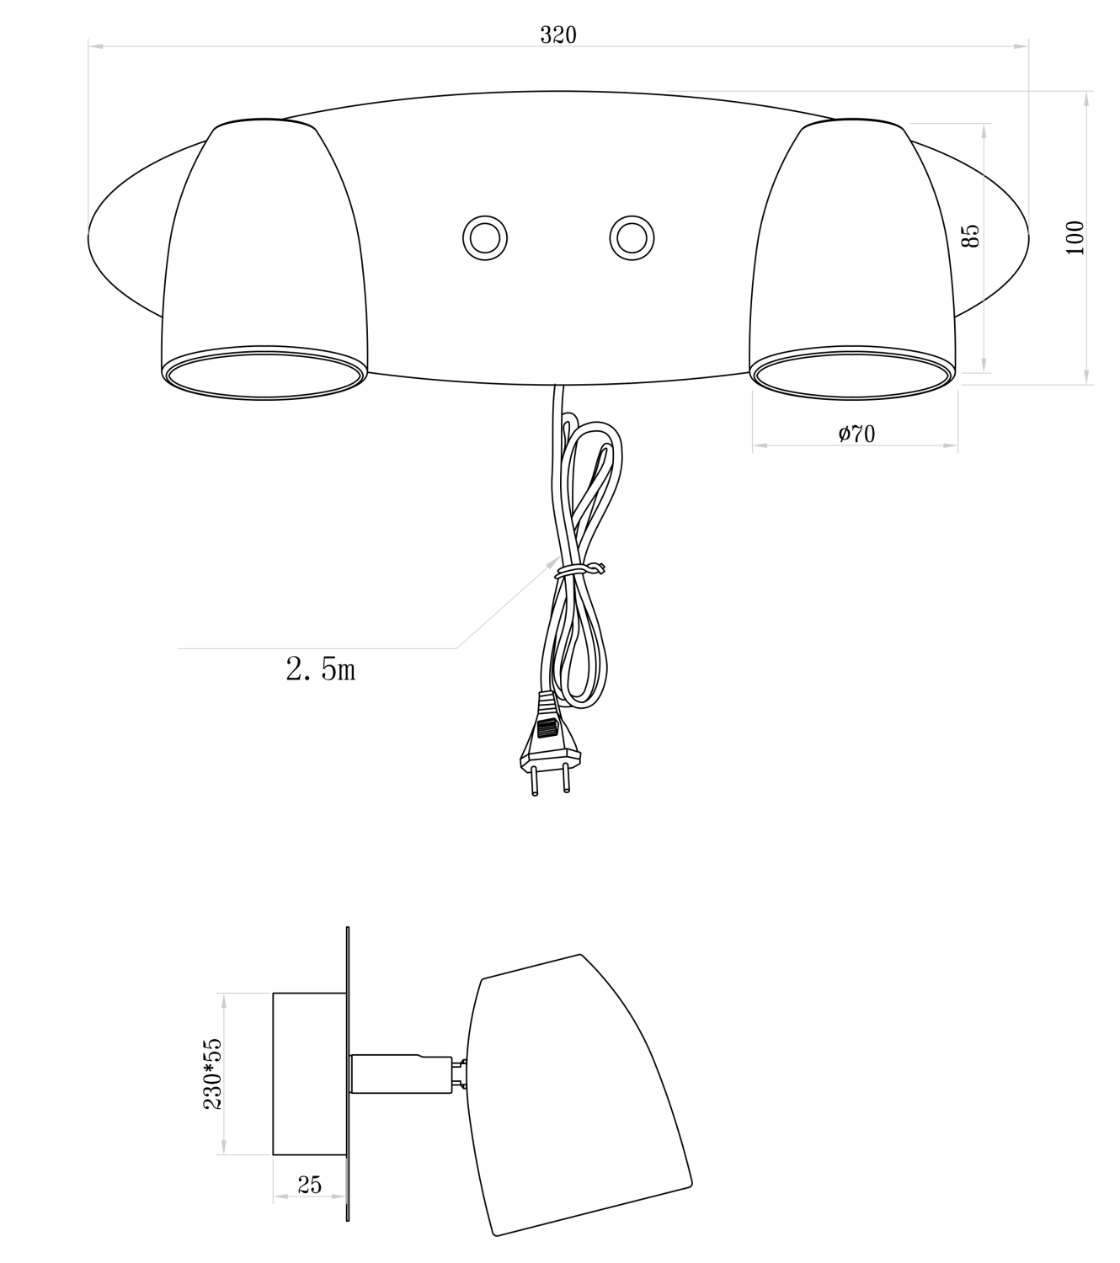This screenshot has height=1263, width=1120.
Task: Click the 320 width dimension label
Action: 558,35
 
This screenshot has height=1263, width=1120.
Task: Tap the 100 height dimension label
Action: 1075,237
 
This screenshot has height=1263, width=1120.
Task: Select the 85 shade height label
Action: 970,237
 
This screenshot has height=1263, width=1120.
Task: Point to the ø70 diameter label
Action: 856,434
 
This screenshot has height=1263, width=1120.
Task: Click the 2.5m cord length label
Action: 321,669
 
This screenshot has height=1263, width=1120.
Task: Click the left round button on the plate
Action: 485,238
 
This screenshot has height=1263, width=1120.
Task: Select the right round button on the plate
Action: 632,238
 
